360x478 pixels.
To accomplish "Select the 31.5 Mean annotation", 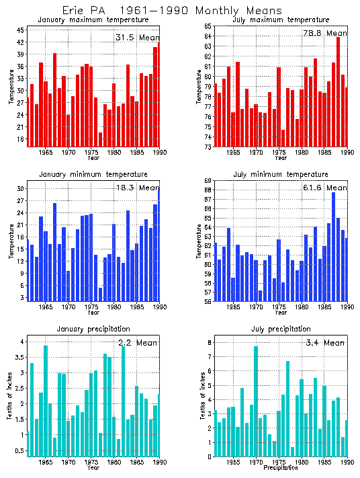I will tap(138, 38).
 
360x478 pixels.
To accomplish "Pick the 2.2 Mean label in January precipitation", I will tap(138, 343).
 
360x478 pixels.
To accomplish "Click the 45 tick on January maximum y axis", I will tap(21, 30).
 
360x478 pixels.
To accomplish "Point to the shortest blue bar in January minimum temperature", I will tap(101, 294).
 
